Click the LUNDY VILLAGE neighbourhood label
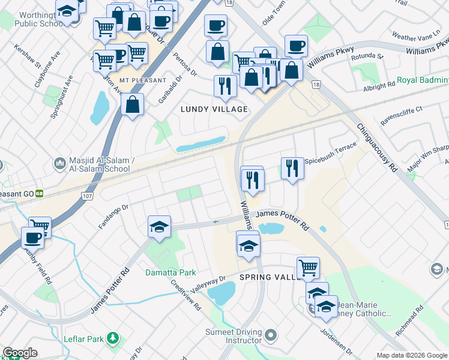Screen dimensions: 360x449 pyautogui.click(x=214, y=109)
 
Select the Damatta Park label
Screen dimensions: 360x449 pyautogui.click(x=170, y=272)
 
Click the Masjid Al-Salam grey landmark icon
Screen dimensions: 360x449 pyautogui.click(x=59, y=163)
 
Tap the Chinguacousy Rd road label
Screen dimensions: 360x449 pyautogui.click(x=377, y=148)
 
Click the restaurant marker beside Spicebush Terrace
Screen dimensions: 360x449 pyautogui.click(x=292, y=167)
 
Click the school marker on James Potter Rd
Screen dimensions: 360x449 pyautogui.click(x=160, y=227)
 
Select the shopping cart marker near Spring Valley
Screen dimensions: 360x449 pyautogui.click(x=308, y=268)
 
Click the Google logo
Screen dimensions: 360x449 pyautogui.click(x=20, y=352)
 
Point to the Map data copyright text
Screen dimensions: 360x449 pyautogui.click(x=411, y=355)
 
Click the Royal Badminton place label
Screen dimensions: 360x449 pyautogui.click(x=423, y=79)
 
